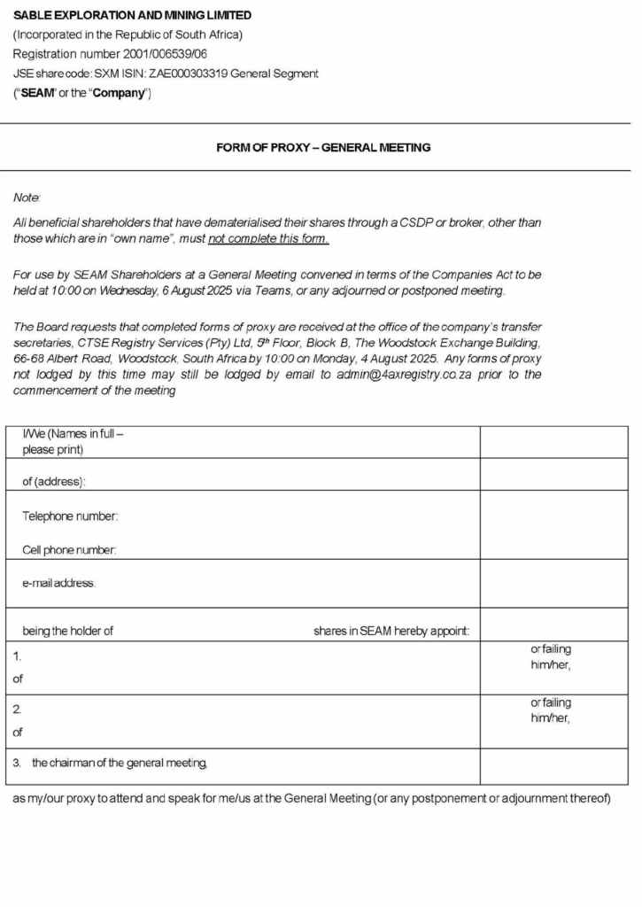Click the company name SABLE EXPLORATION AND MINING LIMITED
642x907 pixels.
(x=132, y=15)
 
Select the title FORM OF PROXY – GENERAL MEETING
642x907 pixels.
(x=323, y=147)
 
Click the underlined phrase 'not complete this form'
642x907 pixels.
(x=268, y=239)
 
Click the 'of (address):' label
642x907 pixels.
(x=54, y=482)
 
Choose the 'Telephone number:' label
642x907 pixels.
(x=70, y=516)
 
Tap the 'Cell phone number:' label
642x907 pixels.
(x=69, y=550)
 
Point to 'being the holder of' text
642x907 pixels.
(x=67, y=632)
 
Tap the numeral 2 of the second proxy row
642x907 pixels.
(x=17, y=709)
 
